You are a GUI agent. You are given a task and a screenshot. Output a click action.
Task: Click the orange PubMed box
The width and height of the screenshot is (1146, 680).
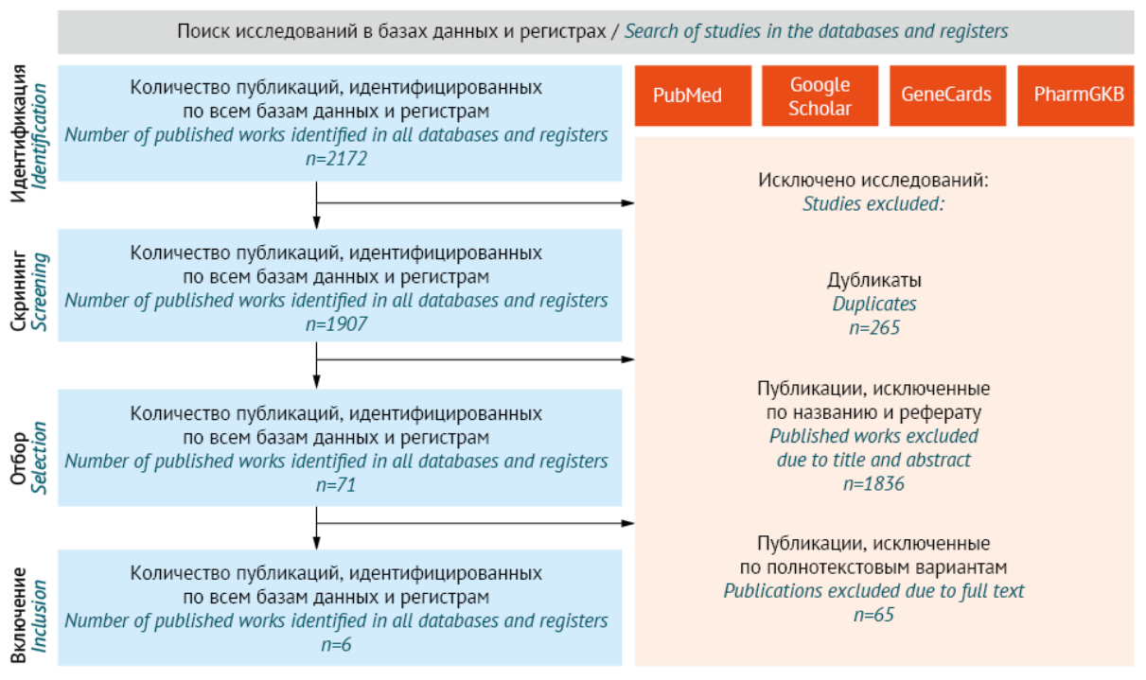tap(693, 96)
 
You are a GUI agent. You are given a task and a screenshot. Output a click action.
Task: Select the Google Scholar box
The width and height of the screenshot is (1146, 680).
tap(820, 96)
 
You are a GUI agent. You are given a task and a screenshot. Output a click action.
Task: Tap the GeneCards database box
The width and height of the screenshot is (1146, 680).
tap(946, 96)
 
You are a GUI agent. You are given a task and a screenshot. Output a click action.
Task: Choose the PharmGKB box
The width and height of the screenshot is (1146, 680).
tap(1076, 96)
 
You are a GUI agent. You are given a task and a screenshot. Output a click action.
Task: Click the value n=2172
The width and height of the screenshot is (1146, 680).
tap(336, 159)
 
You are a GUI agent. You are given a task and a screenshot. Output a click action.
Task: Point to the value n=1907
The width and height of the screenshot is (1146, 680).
tap(336, 324)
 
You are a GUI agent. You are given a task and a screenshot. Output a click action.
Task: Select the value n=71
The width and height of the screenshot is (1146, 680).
tap(336, 485)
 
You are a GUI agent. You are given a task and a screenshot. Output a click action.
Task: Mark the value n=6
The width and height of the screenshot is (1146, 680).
tap(336, 645)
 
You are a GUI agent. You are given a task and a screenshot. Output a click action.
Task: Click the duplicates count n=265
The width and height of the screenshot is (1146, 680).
tap(873, 328)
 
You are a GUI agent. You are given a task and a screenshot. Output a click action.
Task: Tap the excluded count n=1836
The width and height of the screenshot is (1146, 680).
tap(873, 484)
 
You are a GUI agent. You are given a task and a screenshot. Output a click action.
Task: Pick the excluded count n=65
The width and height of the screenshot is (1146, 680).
tap(873, 615)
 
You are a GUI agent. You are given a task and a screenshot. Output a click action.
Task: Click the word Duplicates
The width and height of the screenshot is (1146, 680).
tap(873, 305)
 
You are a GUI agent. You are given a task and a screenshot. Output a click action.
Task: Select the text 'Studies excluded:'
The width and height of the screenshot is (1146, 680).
tap(873, 202)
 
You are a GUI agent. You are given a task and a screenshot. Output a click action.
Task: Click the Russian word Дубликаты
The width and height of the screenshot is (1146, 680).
tap(873, 281)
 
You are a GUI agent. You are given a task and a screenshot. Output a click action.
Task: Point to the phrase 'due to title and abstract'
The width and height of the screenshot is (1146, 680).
tap(873, 461)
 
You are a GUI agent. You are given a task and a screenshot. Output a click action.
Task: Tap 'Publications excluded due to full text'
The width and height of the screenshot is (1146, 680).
tap(873, 591)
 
